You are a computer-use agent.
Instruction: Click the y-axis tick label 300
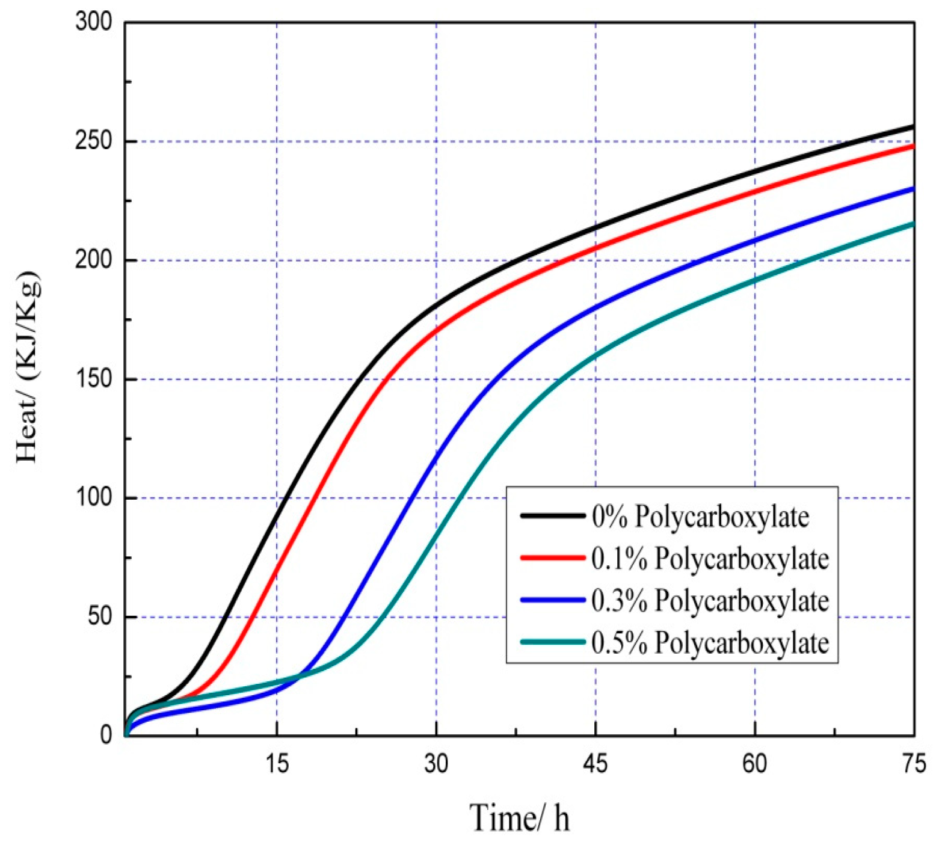[x=94, y=22]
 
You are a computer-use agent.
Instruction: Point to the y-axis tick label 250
[x=94, y=141]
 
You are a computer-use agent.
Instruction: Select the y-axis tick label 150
[x=94, y=379]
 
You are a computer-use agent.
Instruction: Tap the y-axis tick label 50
[x=100, y=617]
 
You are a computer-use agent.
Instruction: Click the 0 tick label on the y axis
[x=106, y=735]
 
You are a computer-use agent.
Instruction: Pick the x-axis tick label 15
[x=277, y=764]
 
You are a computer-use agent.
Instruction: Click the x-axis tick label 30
[x=436, y=764]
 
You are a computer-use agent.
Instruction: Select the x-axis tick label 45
[x=596, y=764]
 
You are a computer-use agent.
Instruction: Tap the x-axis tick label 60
[x=755, y=764]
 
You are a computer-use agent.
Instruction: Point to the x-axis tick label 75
[x=914, y=764]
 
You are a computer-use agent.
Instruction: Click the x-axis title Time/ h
[x=520, y=818]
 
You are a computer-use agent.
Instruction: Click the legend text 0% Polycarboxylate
[x=701, y=517]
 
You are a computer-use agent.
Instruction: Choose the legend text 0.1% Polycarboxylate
[x=710, y=559]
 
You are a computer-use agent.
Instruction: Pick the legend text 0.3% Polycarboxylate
[x=710, y=601]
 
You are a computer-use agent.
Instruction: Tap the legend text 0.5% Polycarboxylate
[x=710, y=643]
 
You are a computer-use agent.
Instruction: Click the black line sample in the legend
[x=553, y=515]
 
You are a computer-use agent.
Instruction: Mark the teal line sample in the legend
[x=553, y=642]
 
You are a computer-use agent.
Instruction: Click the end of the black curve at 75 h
[x=913, y=127]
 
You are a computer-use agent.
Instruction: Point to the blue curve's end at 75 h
[x=913, y=189]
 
